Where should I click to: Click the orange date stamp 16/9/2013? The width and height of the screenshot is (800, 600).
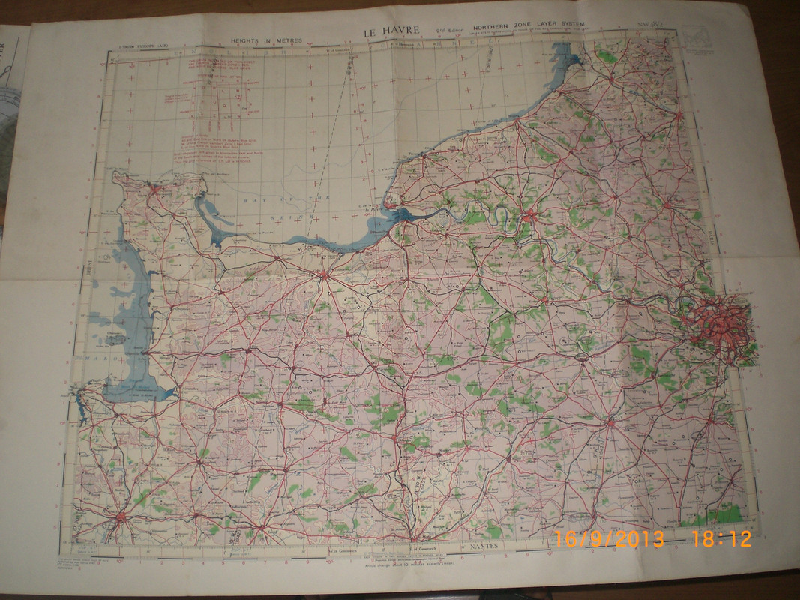609,538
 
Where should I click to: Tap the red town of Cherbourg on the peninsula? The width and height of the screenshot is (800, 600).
154,190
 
